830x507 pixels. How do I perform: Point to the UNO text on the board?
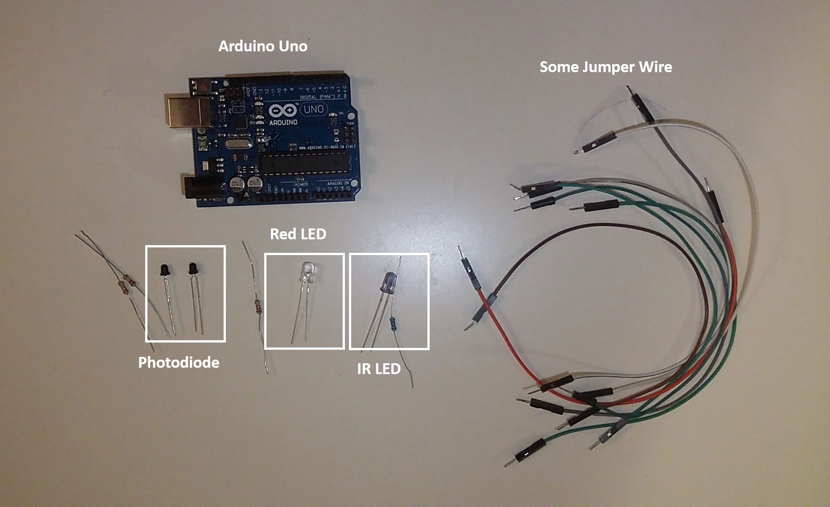313,109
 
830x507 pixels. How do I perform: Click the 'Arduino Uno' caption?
263,46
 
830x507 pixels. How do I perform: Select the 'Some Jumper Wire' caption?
605,67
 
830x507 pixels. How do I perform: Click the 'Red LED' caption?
298,234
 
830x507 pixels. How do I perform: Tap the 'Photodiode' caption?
179,362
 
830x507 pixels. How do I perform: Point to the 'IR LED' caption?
379,369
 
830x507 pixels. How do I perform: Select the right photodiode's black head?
193,269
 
